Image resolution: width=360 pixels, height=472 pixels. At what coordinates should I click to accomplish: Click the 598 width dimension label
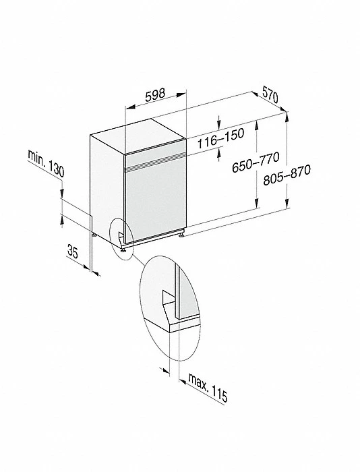coord(155,95)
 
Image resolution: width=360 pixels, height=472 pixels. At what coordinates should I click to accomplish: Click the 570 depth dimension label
coord(270,94)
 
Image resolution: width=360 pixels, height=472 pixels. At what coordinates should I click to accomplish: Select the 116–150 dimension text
coord(220,138)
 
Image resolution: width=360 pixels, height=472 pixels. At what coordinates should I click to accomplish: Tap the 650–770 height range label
coord(256,163)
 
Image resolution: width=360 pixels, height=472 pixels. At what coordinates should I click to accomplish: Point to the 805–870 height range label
coord(287,175)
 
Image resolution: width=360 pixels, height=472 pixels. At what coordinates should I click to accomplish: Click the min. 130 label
coord(46,163)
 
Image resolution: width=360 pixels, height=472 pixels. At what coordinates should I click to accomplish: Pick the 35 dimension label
coord(73,252)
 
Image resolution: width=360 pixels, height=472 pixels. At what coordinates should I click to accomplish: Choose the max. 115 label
coord(208,387)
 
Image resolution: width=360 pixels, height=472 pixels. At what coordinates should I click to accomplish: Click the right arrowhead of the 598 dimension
coord(181,95)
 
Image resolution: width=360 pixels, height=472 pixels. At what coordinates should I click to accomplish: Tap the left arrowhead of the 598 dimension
coord(129,107)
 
